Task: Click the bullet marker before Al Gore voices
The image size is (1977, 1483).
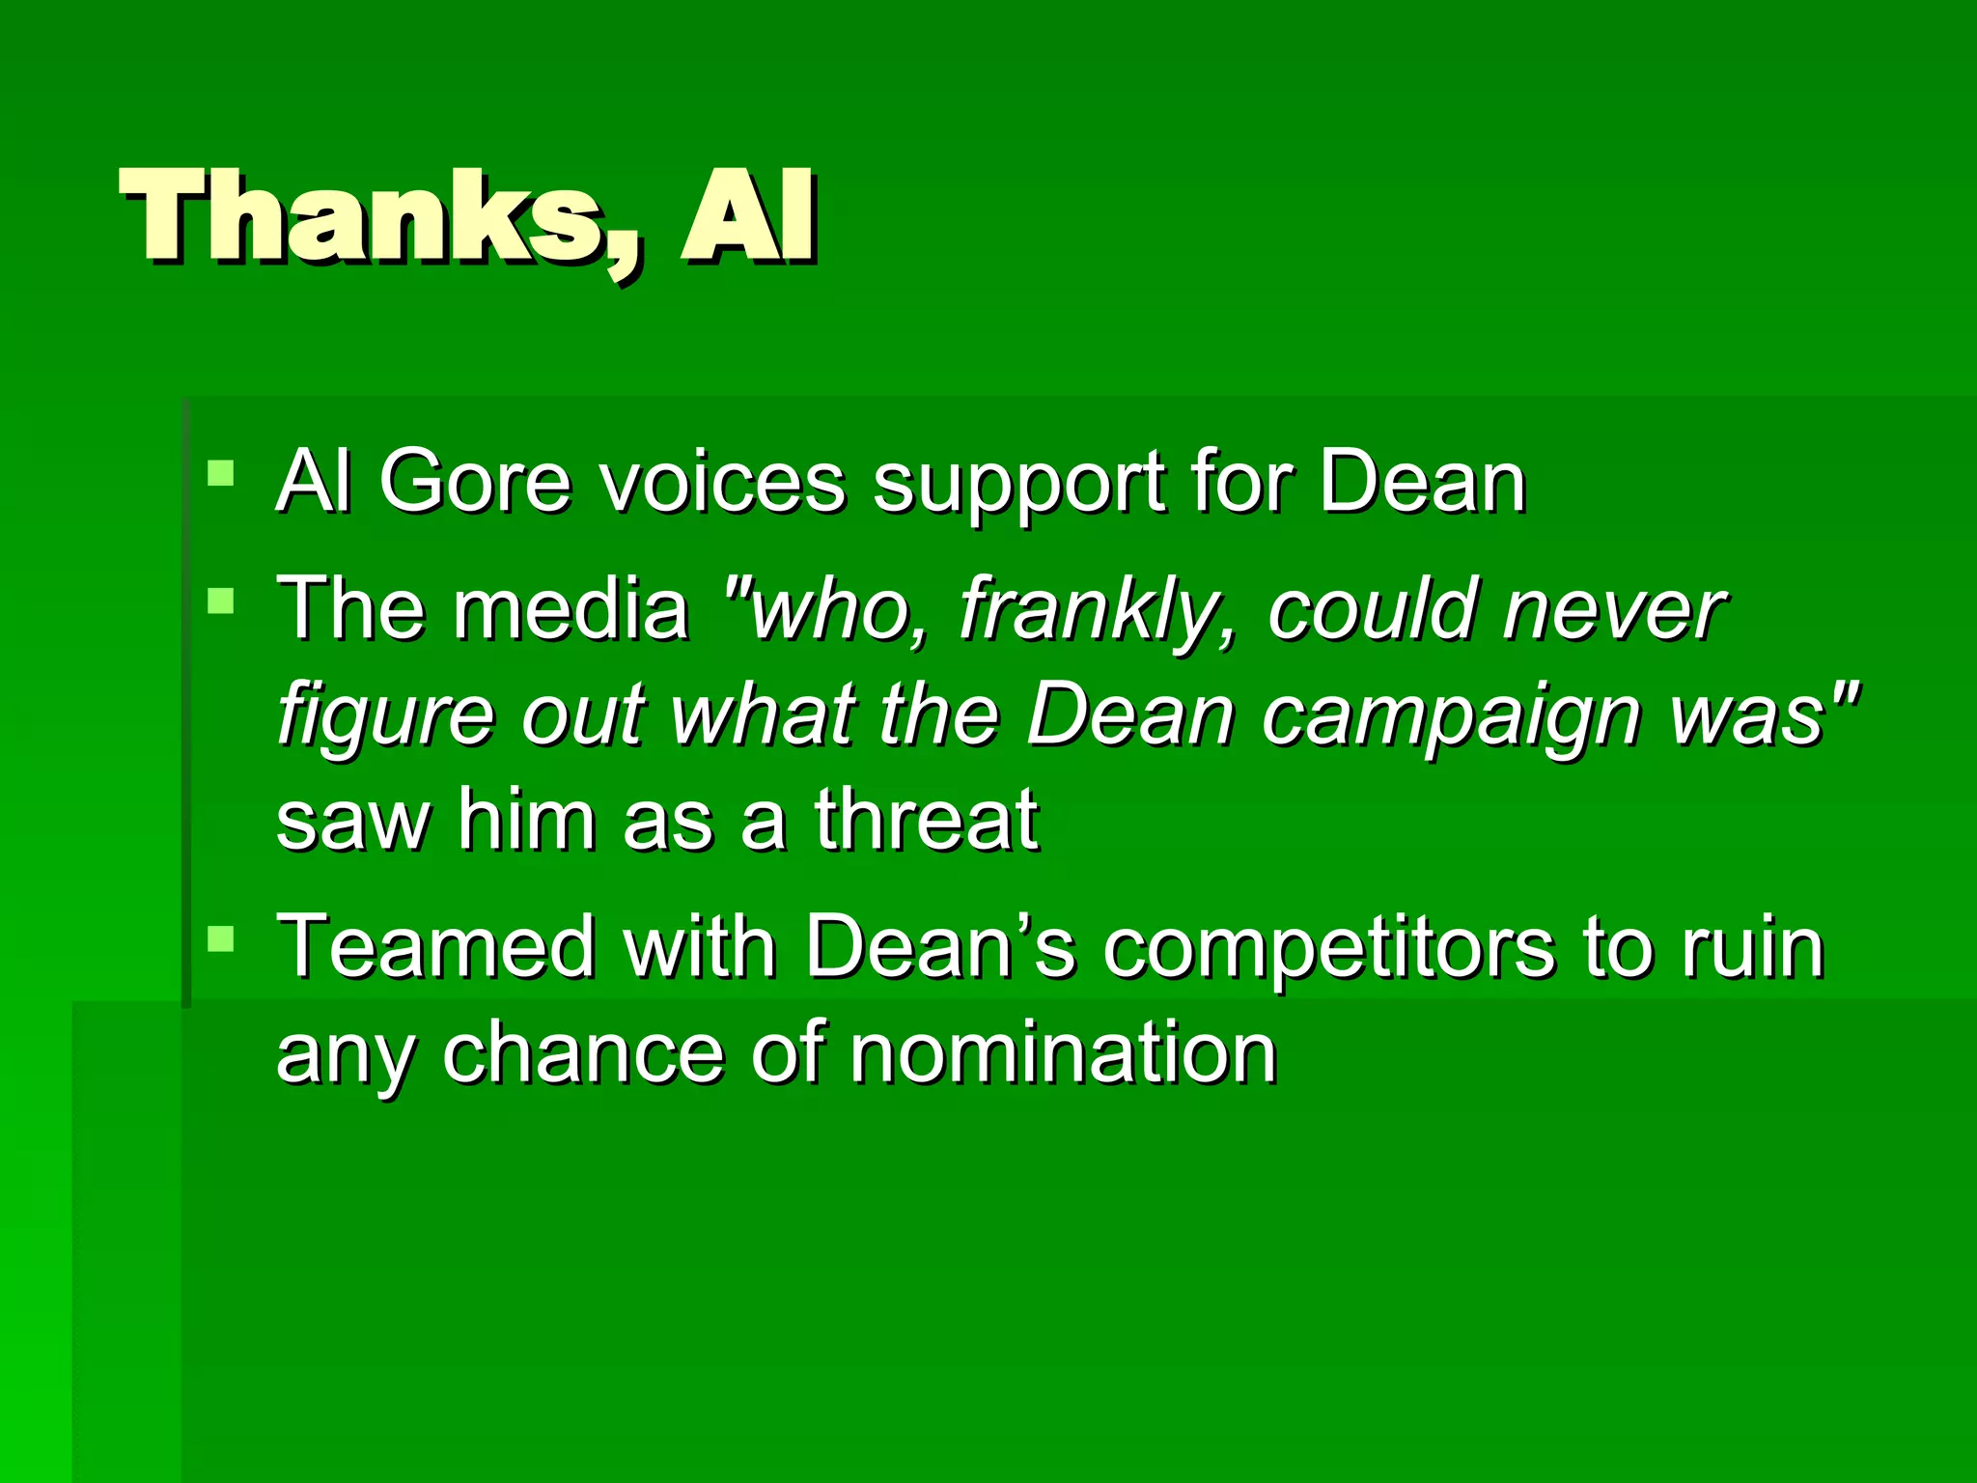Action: point(221,473)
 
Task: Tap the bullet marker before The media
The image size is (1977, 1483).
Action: point(221,602)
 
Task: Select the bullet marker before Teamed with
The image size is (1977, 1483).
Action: point(221,938)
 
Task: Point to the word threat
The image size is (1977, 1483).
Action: point(926,821)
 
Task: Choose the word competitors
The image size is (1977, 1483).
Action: point(1328,949)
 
